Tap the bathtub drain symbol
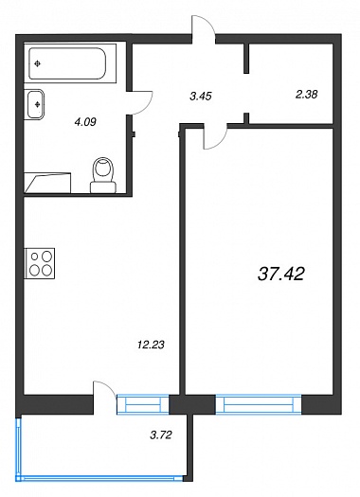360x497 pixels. (x=38, y=64)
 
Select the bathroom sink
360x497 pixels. (x=34, y=104)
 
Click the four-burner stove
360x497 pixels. (x=40, y=263)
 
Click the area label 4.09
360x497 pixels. (x=85, y=122)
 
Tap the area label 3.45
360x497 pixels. (x=201, y=96)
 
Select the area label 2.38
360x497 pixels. (x=306, y=94)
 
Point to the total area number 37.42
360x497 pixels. (x=281, y=274)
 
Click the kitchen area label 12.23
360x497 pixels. (x=151, y=345)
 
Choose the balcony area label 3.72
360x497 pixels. (x=161, y=435)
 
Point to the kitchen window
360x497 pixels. (x=143, y=404)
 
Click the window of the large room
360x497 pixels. (x=259, y=404)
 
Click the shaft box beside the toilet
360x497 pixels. (x=47, y=183)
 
